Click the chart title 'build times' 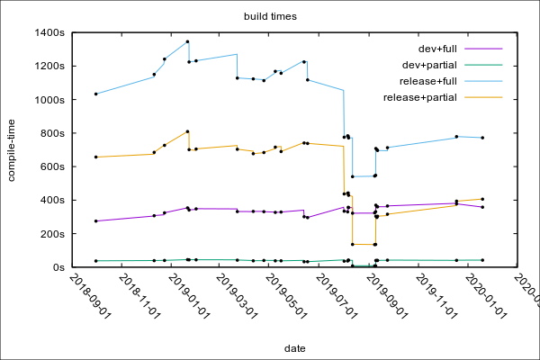click(x=271, y=16)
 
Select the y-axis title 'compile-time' click(x=12, y=149)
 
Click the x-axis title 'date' click(x=294, y=347)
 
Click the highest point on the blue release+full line click(x=187, y=41)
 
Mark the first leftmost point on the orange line click(x=95, y=157)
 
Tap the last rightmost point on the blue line click(x=482, y=138)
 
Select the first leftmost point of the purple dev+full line click(x=95, y=220)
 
